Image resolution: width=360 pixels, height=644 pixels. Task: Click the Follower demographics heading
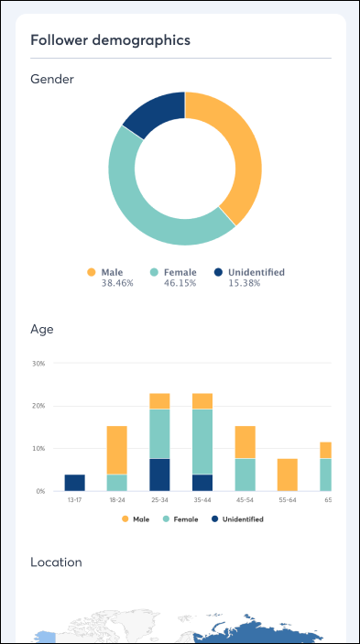pos(110,40)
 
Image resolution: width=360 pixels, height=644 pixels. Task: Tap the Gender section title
pos(52,80)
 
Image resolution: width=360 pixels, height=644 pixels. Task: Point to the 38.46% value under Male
pos(116,284)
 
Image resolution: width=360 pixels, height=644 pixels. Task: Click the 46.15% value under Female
pos(180,284)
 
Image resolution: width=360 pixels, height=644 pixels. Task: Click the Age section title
pos(42,328)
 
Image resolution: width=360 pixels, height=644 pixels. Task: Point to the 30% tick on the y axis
pos(38,364)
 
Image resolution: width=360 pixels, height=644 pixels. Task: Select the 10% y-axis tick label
pos(38,449)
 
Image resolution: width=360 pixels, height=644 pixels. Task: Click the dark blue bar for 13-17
pos(74,483)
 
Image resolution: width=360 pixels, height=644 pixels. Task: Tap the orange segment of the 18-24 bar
pos(116,450)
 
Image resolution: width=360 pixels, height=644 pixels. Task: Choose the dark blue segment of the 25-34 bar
pos(159,475)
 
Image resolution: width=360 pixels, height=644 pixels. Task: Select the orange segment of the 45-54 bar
pos(245,442)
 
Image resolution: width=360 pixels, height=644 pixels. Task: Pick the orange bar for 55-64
pos(288,475)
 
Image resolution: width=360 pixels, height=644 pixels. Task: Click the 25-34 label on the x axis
pos(159,501)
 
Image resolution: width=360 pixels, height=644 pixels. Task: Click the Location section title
pos(56,562)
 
